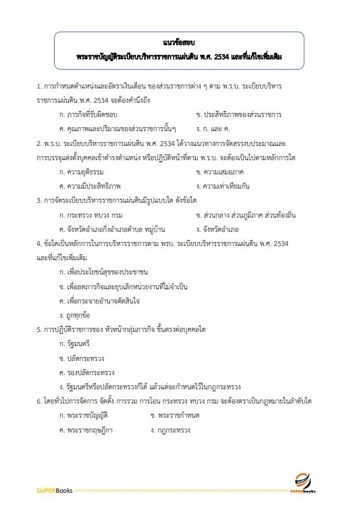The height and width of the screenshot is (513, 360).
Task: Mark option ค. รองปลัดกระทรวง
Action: tap(87, 372)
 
